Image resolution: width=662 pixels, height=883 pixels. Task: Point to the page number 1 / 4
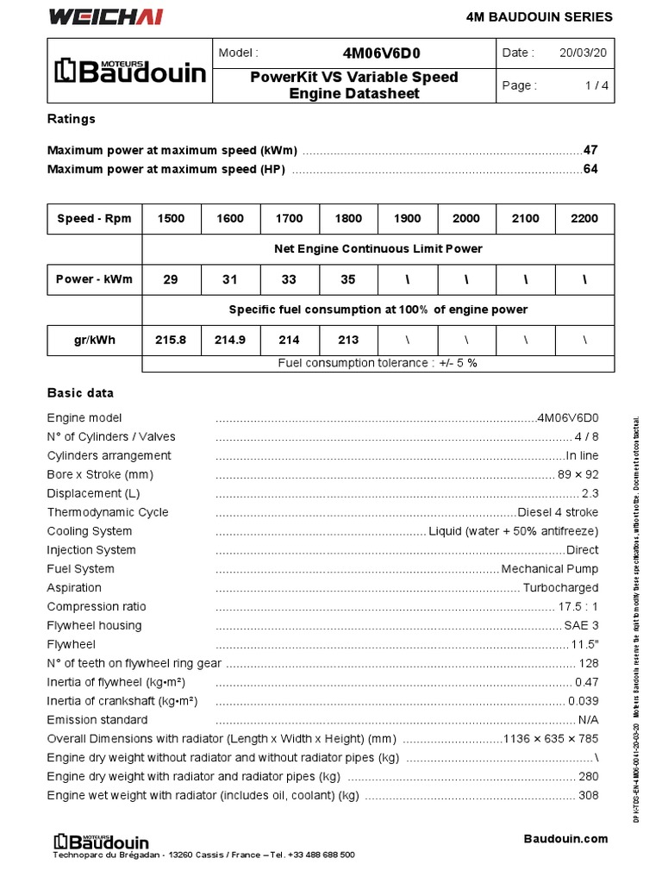[596, 85]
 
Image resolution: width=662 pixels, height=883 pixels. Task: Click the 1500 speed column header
[171, 218]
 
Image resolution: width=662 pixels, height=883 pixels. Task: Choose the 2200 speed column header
[584, 218]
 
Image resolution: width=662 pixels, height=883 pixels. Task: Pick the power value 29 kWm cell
[171, 279]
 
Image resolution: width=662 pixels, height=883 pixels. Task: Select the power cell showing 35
[348, 279]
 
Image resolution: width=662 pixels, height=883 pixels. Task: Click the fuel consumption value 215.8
[171, 340]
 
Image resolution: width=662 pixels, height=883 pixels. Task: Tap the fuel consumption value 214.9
[229, 340]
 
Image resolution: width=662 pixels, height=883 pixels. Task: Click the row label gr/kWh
[94, 340]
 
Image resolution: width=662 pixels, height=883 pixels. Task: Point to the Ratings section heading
[71, 119]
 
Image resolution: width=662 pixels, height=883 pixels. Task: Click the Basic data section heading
[80, 393]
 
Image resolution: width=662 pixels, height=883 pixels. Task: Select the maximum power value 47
[590, 150]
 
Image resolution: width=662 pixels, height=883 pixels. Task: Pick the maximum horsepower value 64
[590, 169]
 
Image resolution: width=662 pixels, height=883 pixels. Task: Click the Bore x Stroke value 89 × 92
[578, 474]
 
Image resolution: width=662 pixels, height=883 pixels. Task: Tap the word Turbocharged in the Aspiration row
[560, 588]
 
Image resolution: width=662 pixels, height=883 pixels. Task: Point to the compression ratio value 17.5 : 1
[578, 607]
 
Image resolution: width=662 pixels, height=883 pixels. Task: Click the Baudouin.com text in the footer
[565, 838]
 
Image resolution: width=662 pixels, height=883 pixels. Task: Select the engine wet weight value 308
[589, 795]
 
